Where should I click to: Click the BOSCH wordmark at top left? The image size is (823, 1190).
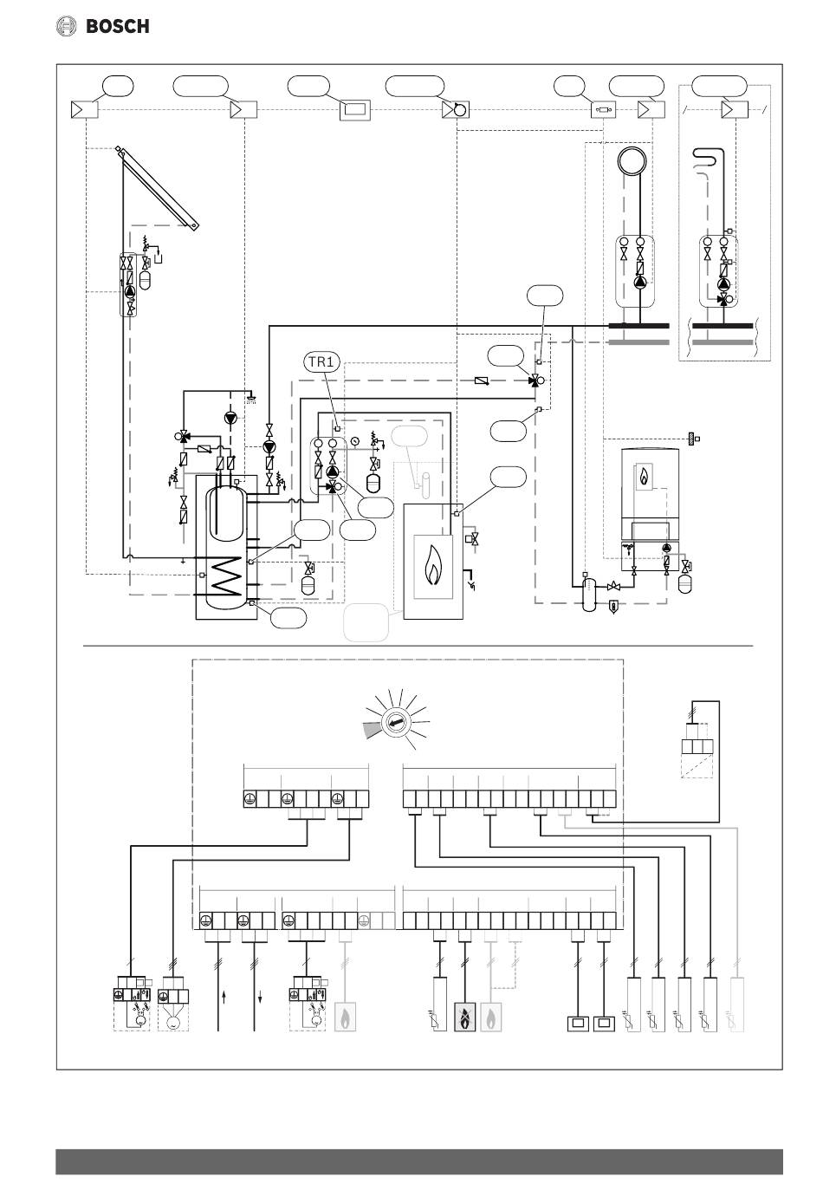coord(117,26)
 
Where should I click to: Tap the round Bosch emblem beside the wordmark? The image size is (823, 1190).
coord(67,26)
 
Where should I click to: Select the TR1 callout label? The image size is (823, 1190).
coord(321,362)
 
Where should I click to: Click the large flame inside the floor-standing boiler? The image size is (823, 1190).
coord(433,566)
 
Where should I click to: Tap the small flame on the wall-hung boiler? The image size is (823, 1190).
coord(644,477)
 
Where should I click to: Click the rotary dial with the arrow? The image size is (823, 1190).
coord(396,723)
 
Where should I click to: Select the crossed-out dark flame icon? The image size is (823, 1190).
coord(465,1017)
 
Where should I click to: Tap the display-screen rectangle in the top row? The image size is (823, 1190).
coord(354,110)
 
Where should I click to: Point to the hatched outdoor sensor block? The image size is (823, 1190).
coord(692,439)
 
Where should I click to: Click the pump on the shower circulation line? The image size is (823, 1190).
coord(230,418)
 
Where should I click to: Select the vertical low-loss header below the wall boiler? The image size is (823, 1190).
coord(589,594)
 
